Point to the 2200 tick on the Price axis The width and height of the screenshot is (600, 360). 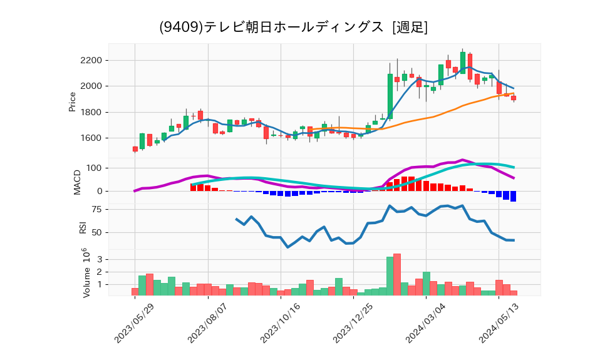pos(90,60)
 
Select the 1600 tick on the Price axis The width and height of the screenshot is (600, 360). pos(90,138)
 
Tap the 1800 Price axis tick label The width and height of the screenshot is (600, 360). pos(90,112)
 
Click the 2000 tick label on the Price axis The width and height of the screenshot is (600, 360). pos(90,86)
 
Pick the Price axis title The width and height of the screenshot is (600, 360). pos(72,101)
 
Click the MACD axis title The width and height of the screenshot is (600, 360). pos(78,181)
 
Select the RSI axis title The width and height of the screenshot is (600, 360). pos(82,227)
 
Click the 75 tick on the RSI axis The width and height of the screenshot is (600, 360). pos(97,210)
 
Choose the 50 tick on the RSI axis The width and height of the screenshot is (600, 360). pos(97,233)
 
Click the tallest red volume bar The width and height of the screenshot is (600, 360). pos(397,274)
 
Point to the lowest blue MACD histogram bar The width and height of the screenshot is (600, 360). pos(514,196)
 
